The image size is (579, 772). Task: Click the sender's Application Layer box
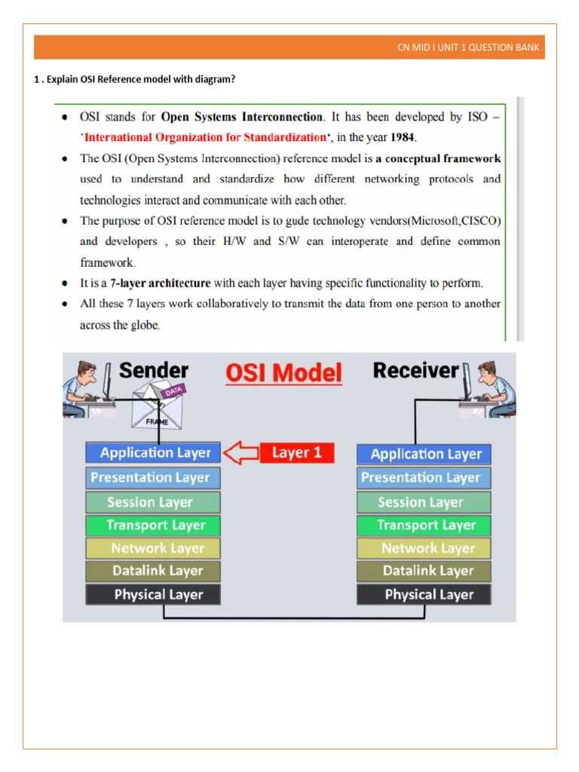153,452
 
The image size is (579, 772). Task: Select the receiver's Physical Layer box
424,594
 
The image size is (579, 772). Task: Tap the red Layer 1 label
296,452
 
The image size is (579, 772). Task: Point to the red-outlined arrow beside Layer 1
240,452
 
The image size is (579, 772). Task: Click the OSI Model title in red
283,373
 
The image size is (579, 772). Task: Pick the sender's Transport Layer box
153,525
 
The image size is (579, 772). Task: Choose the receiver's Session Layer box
424,502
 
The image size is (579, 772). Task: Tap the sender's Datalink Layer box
153,571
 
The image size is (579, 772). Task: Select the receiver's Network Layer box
424,548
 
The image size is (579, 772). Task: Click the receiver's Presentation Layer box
424,477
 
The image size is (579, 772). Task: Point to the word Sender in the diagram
154,371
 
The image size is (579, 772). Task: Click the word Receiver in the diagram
415,371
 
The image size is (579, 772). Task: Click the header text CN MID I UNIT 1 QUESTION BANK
468,47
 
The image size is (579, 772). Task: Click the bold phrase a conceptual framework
438,159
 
